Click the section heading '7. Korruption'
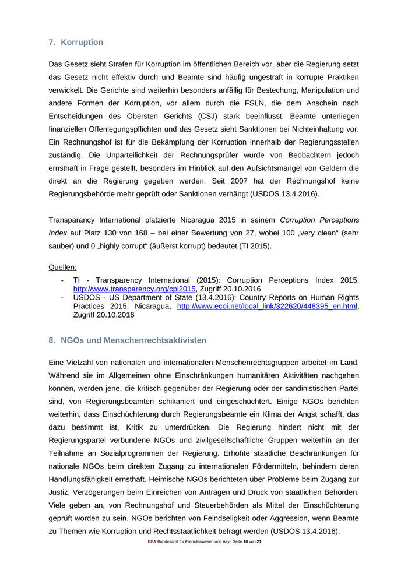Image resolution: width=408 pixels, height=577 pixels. click(76, 43)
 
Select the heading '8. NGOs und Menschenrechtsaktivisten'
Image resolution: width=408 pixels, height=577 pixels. click(128, 340)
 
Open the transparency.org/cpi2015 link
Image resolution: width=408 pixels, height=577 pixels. click(134, 288)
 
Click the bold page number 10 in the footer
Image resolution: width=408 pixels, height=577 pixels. click(247, 542)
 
